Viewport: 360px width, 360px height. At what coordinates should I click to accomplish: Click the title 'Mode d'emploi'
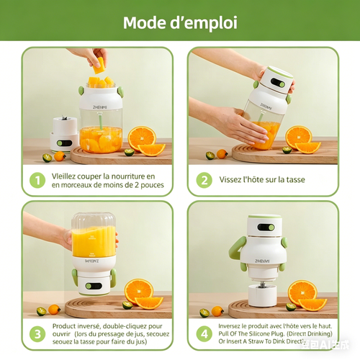click(x=179, y=22)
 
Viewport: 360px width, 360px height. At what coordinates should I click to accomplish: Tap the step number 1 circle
click(x=35, y=180)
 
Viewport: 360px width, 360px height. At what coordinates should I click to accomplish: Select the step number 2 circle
click(x=204, y=180)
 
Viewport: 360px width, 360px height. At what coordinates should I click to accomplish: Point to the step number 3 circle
click(x=35, y=334)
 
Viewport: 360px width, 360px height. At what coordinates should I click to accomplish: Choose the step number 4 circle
click(x=204, y=334)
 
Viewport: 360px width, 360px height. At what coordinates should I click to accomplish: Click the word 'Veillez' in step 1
click(x=66, y=176)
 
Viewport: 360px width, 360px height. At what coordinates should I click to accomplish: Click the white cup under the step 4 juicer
click(x=264, y=293)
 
